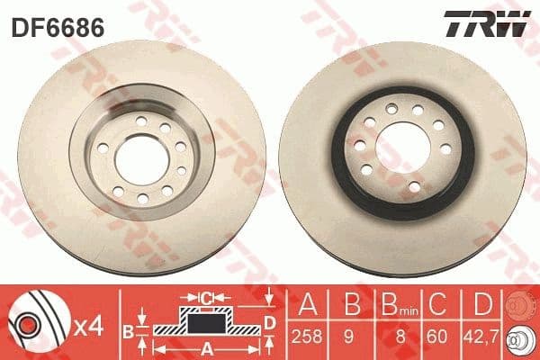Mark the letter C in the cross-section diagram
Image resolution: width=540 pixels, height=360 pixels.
(x=207, y=296)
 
